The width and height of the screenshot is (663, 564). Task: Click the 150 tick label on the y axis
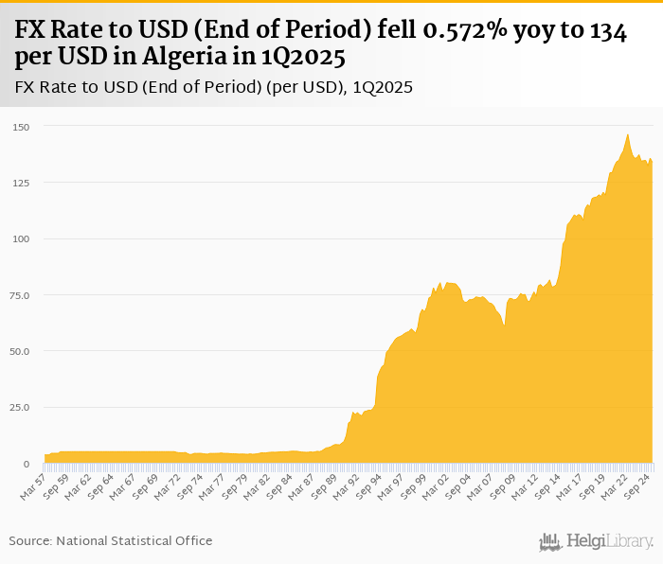coord(20,126)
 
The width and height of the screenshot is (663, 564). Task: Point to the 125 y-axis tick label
coord(20,182)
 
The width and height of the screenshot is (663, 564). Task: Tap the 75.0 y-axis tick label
coord(20,295)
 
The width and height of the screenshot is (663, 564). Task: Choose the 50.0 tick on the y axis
coord(20,351)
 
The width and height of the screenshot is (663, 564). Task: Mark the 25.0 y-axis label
coord(20,407)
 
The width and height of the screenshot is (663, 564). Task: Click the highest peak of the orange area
coord(627,134)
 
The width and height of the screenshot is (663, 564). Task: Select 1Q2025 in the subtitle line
coord(383,87)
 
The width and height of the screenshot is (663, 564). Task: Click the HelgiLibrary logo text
coord(609,542)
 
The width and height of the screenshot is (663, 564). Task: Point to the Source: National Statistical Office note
coord(111,540)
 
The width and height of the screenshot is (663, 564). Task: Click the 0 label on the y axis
coord(26,464)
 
